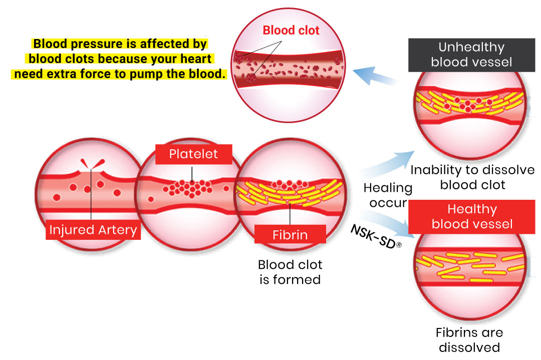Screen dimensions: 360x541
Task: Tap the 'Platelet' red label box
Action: tap(193, 154)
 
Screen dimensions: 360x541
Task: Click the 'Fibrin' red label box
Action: tap(290, 234)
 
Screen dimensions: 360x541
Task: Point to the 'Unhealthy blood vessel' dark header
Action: tap(471, 55)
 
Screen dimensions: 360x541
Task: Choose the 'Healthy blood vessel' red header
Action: tap(471, 216)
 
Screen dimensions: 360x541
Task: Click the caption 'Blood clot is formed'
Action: tap(290, 272)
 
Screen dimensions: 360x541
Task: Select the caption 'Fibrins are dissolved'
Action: tap(469, 339)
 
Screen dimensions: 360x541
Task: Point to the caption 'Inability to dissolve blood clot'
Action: tap(472, 177)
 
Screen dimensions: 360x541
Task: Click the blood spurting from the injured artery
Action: tap(92, 163)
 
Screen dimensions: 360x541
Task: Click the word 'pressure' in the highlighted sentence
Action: tap(99, 44)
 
